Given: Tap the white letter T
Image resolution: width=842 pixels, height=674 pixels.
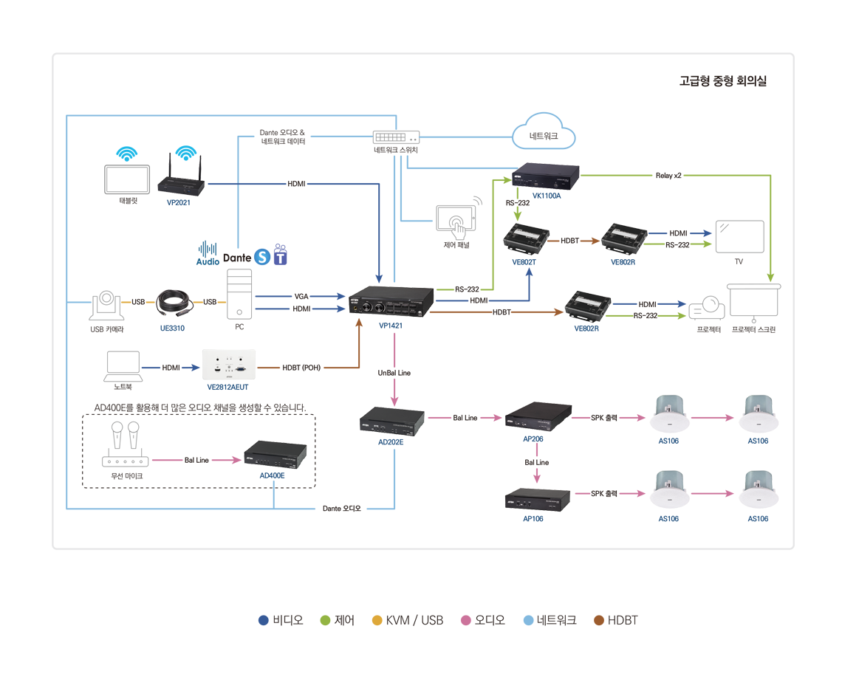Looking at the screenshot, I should pos(280,258).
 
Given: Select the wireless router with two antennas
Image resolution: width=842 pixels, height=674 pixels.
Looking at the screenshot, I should pos(181,186).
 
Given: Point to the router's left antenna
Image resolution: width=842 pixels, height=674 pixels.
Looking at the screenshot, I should pos(171,164).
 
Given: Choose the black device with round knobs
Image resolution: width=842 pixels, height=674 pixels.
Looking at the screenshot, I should pos(390,303).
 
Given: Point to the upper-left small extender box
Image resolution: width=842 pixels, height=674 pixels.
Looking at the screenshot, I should pos(525,238).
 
